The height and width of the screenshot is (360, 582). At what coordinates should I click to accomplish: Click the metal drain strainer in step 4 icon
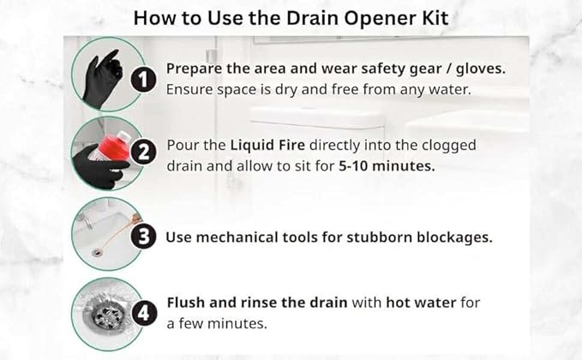110,315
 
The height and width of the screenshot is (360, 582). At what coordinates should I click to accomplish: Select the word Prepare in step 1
194,69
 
